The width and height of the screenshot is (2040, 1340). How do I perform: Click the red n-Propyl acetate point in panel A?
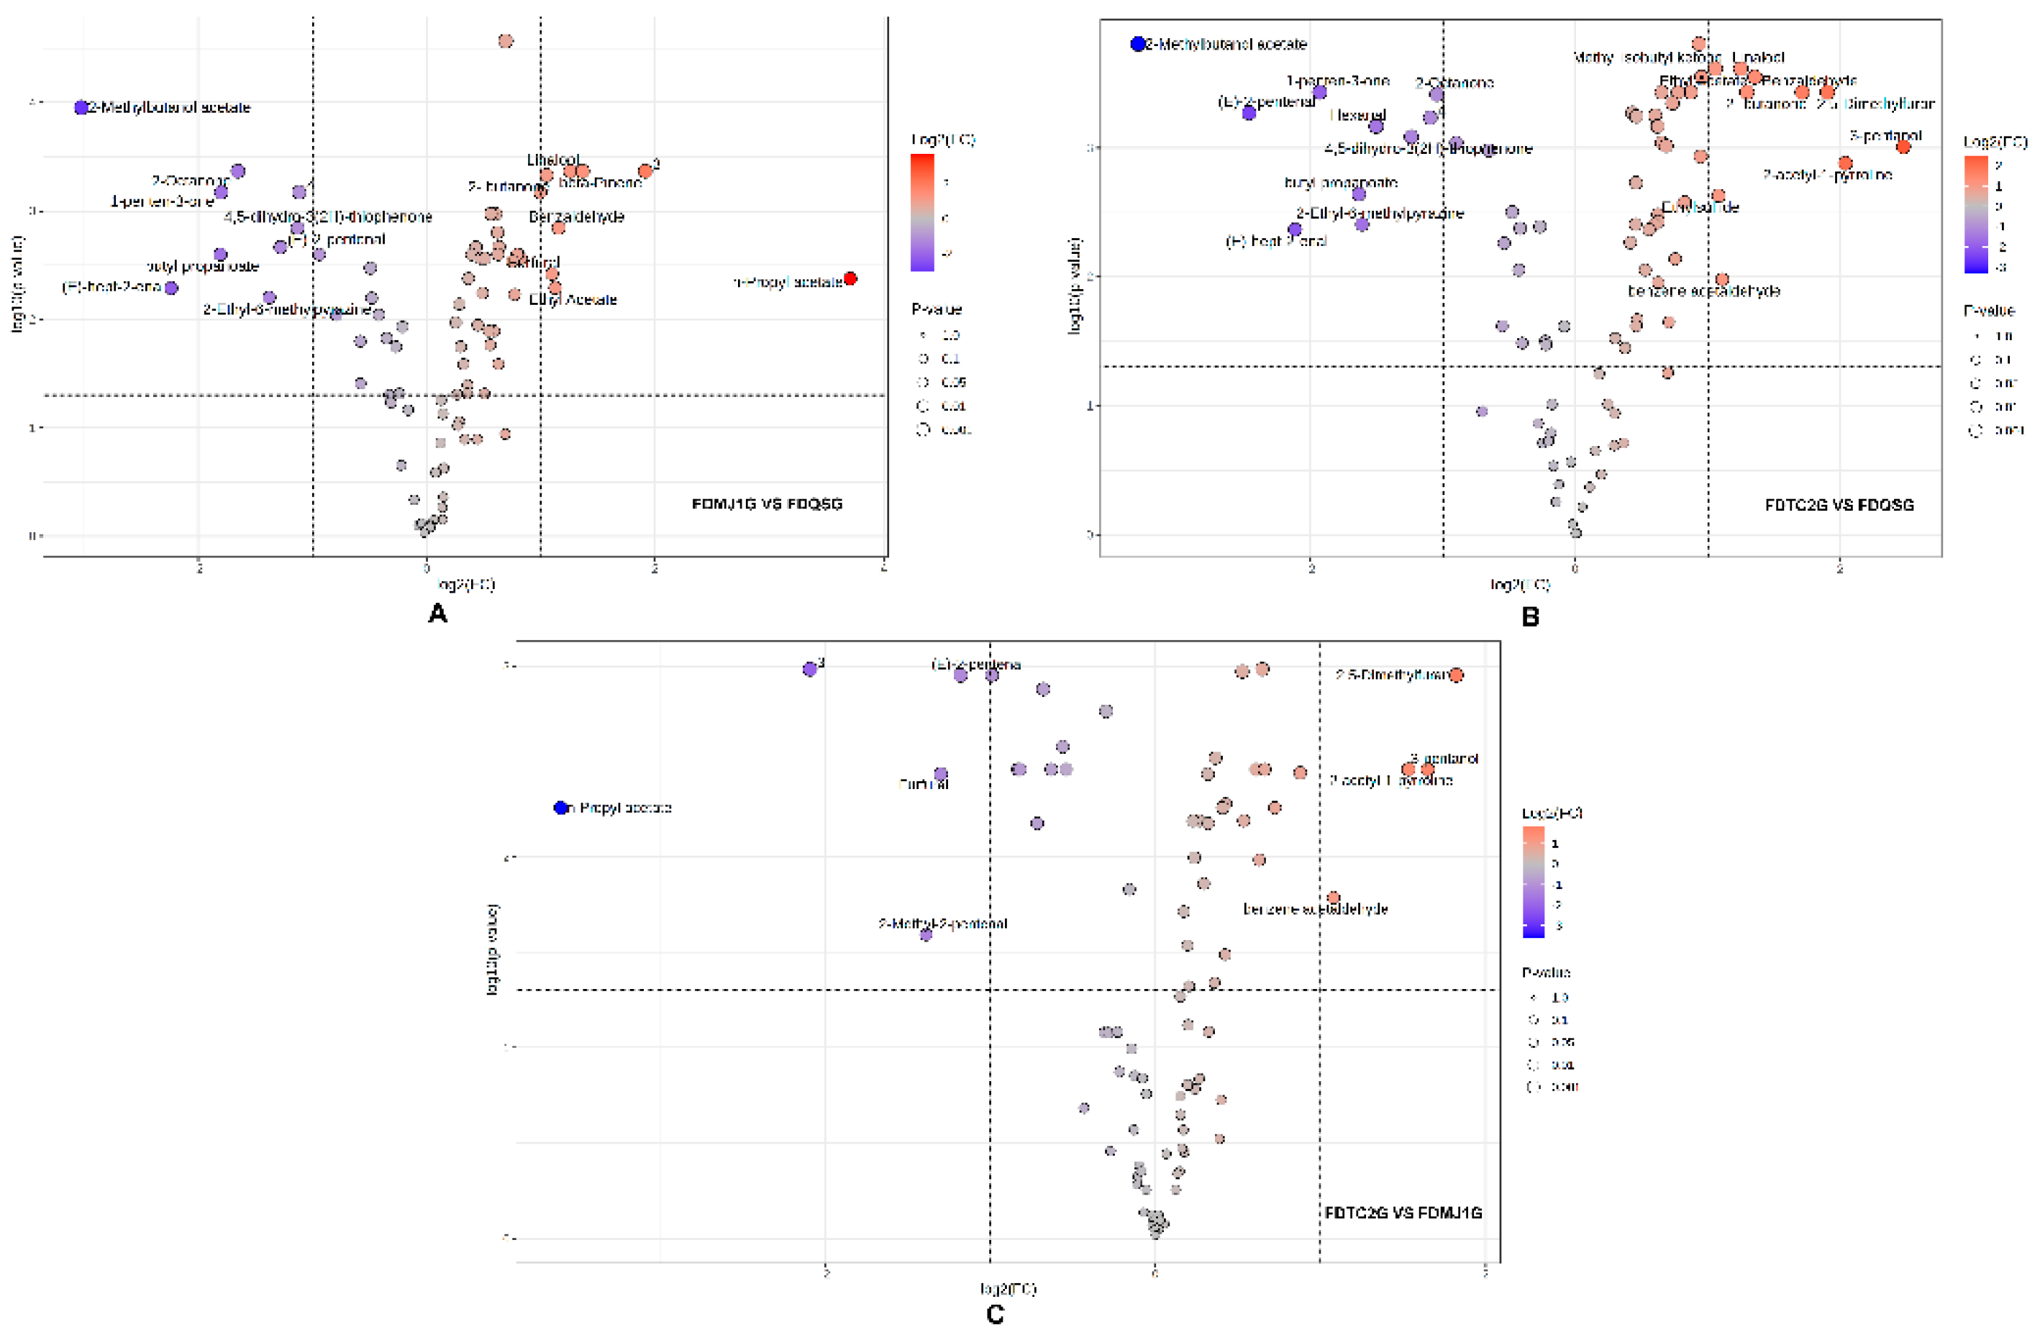[850, 278]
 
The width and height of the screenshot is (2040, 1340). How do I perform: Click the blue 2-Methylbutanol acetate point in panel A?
[81, 107]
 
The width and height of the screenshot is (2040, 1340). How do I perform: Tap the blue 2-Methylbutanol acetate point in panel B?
[1137, 44]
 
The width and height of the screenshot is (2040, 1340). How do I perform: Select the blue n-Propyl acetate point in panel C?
[561, 808]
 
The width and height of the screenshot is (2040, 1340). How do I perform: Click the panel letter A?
[437, 614]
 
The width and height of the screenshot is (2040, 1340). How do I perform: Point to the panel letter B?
[1529, 616]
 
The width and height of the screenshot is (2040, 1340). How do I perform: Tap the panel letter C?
[994, 1314]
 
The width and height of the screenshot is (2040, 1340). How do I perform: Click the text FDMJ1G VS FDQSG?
[766, 504]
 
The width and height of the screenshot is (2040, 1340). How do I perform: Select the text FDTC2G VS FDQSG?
[1839, 505]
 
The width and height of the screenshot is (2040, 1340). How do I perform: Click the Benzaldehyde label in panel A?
[576, 217]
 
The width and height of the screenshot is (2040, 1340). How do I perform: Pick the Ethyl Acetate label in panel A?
[573, 299]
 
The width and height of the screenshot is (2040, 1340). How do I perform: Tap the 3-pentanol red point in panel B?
[1903, 147]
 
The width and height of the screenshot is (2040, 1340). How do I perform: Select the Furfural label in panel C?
[923, 783]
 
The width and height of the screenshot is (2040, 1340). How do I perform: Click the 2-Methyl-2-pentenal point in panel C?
[926, 934]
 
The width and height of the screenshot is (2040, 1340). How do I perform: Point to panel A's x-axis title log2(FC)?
[465, 585]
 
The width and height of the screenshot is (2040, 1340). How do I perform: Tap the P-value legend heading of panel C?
[1545, 972]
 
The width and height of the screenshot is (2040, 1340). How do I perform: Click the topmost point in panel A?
[506, 41]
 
